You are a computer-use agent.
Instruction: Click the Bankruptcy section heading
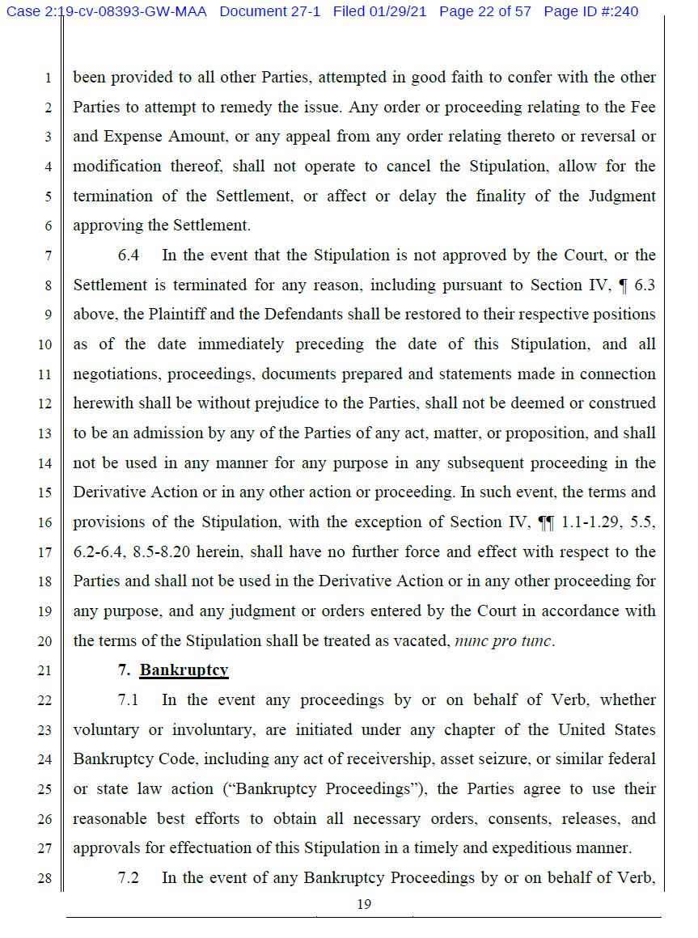pyautogui.click(x=184, y=670)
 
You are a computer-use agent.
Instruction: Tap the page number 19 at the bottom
pyautogui.click(x=364, y=904)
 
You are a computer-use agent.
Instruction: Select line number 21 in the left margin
pyautogui.click(x=44, y=671)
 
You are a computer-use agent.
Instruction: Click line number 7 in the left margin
pyautogui.click(x=48, y=256)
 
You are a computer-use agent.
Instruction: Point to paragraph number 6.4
pyautogui.click(x=128, y=256)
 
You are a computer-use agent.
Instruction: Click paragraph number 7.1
pyautogui.click(x=128, y=700)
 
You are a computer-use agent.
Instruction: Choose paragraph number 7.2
pyautogui.click(x=128, y=877)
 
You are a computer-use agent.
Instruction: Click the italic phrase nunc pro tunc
pyautogui.click(x=504, y=641)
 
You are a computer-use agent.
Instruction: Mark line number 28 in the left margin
pyautogui.click(x=44, y=878)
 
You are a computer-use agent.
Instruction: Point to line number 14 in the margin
pyautogui.click(x=44, y=463)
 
